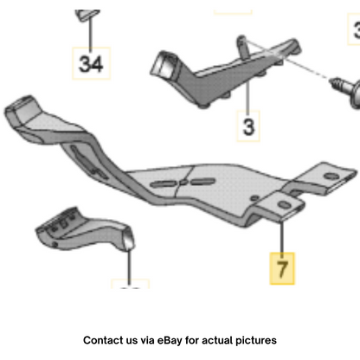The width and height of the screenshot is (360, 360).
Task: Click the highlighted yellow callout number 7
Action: click(x=282, y=268)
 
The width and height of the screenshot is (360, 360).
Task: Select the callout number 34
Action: click(x=91, y=64)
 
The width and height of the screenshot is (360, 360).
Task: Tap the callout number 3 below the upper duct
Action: click(x=248, y=126)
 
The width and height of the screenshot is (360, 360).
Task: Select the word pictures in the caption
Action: click(x=256, y=341)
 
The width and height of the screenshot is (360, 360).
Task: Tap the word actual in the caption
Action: click(x=217, y=340)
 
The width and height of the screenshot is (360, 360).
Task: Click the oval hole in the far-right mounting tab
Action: click(x=331, y=176)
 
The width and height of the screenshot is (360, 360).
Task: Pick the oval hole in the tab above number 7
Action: click(x=285, y=205)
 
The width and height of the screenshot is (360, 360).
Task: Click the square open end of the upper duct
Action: click(x=164, y=64)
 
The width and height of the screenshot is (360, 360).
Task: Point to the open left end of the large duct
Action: click(x=21, y=109)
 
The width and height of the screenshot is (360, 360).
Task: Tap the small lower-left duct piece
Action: click(x=84, y=229)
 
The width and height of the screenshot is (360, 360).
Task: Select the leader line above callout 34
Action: click(x=90, y=32)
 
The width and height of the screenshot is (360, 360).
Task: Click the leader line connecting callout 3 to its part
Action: click(x=247, y=95)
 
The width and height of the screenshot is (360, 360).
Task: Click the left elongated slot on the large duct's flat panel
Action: click(x=163, y=183)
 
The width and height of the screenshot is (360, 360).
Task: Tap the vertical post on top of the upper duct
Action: click(x=242, y=47)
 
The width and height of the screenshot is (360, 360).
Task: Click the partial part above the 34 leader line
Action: click(x=88, y=15)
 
